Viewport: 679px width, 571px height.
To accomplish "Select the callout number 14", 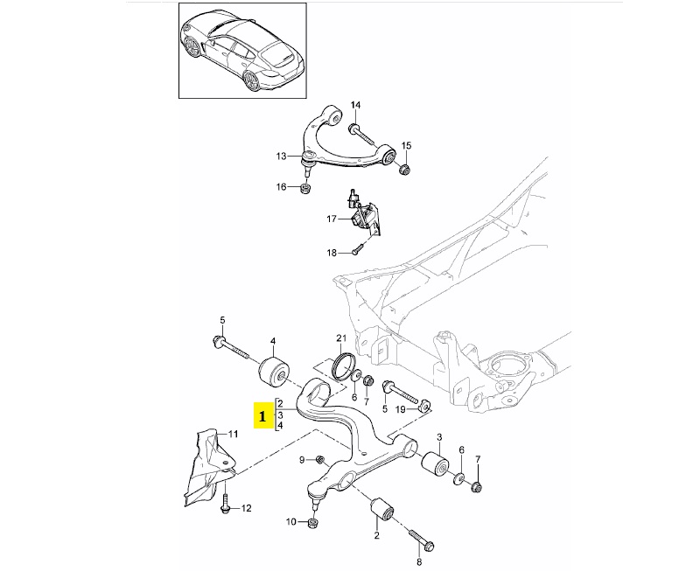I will tap(356, 106).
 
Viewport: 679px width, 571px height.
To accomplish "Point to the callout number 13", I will tap(282, 157).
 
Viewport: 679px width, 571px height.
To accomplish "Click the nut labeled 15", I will tap(405, 168).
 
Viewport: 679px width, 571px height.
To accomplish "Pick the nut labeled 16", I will tap(305, 189).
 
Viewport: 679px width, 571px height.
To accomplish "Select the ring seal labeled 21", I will tap(341, 362).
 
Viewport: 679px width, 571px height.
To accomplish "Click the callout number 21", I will tap(341, 338).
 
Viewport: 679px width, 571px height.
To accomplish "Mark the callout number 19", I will tap(400, 408).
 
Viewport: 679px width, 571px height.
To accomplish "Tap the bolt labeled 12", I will tap(226, 505).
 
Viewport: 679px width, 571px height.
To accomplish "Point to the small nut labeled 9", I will tap(320, 460).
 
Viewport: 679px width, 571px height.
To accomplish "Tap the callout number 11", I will tap(233, 434).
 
